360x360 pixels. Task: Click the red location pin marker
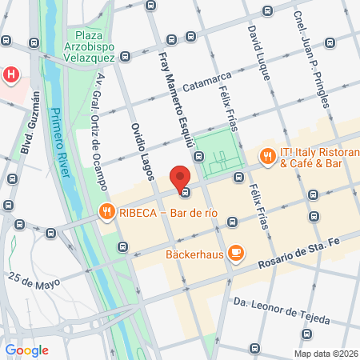click(181, 178)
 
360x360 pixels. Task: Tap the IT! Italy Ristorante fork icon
click(266, 158)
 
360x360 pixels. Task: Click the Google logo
click(27, 350)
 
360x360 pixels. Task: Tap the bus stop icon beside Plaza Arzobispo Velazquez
click(126, 57)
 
